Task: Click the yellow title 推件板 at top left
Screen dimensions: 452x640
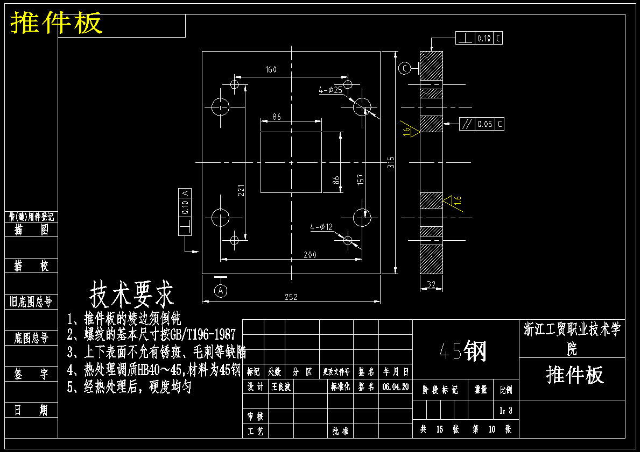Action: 57,23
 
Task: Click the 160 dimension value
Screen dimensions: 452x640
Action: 270,69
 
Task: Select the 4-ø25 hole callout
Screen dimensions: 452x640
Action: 330,90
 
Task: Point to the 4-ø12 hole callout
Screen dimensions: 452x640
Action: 321,227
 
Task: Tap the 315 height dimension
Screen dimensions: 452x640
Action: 391,162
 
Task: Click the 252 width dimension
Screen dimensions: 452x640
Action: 291,297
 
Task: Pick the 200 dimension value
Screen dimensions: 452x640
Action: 310,255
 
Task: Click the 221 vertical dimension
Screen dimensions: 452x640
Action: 242,190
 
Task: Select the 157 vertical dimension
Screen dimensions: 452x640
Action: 361,180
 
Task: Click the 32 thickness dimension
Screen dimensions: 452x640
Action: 431,284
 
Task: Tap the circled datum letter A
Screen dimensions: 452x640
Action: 221,290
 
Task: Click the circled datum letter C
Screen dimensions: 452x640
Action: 405,68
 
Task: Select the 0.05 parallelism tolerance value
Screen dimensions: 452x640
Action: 484,124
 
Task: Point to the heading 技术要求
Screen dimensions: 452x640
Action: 132,293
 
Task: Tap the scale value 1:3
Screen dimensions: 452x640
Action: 506,411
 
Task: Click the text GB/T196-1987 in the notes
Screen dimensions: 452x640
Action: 202,334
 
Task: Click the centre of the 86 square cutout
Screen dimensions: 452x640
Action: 291,162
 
